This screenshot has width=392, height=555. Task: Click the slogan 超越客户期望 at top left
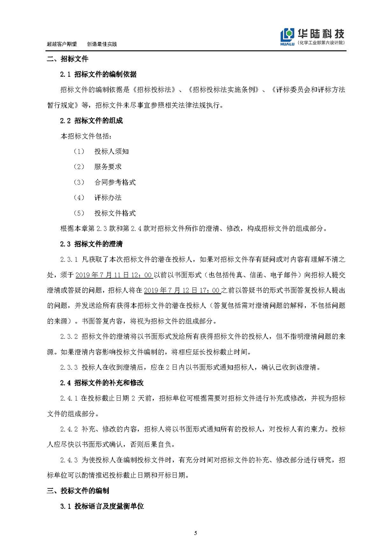pyautogui.click(x=61, y=44)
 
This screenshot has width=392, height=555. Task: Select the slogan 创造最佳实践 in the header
pyautogui.click(x=102, y=44)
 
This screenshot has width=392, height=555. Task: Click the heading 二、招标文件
pyautogui.click(x=68, y=59)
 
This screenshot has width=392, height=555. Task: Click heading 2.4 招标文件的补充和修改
pyautogui.click(x=102, y=383)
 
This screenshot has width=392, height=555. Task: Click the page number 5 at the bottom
pyautogui.click(x=196, y=533)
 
